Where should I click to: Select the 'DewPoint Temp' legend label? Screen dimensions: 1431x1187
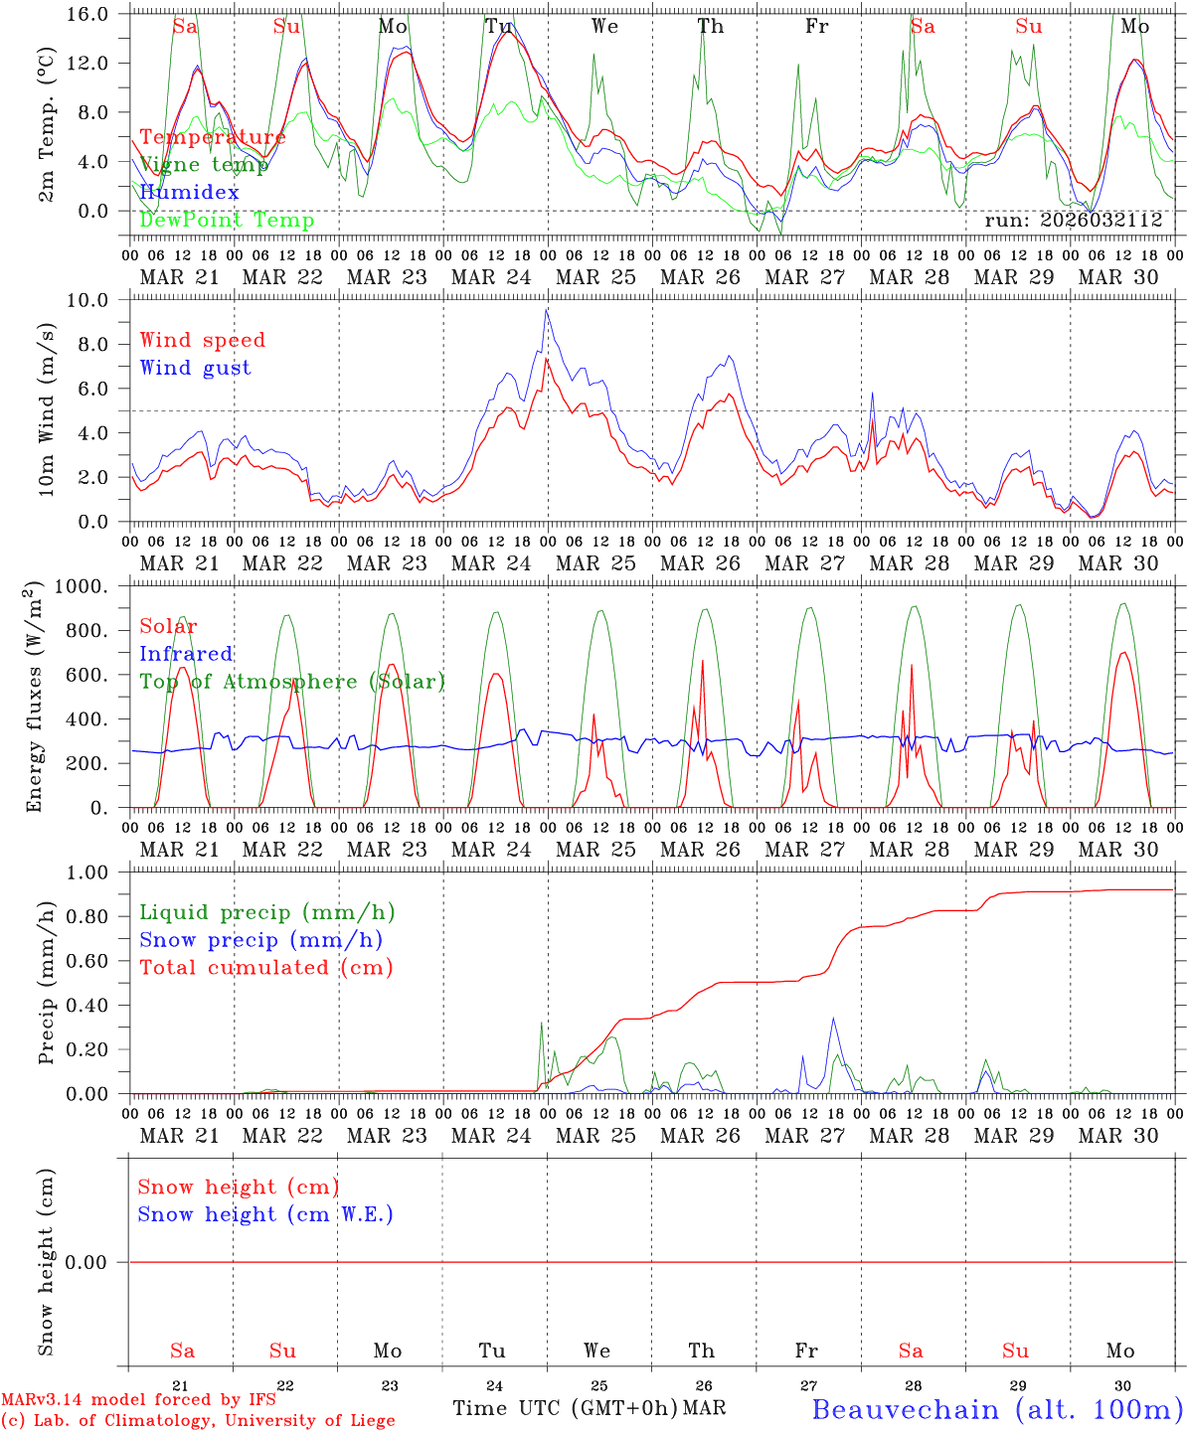tap(227, 220)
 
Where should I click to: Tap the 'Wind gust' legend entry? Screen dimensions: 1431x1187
tap(195, 368)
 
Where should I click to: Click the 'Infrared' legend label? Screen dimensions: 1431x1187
tap(186, 654)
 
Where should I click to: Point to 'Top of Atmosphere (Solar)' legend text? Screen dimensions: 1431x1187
tap(292, 682)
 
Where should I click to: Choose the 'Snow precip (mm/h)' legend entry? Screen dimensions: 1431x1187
tap(260, 940)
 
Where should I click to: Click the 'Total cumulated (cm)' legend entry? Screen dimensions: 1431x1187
tap(265, 968)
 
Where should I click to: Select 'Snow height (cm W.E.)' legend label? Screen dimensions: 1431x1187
tap(265, 1214)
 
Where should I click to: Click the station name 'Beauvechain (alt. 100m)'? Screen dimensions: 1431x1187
tap(997, 1409)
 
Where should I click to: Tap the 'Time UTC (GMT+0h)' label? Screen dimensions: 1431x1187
tap(565, 1408)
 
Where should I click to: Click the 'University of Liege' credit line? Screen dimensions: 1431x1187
tap(198, 1420)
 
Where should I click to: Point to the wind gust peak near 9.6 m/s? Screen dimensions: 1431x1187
tap(546, 309)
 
